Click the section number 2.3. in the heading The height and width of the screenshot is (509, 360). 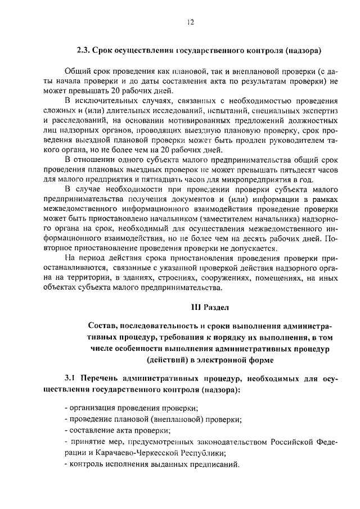[x=84, y=51]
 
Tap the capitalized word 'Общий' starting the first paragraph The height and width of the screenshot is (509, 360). [x=78, y=71]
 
